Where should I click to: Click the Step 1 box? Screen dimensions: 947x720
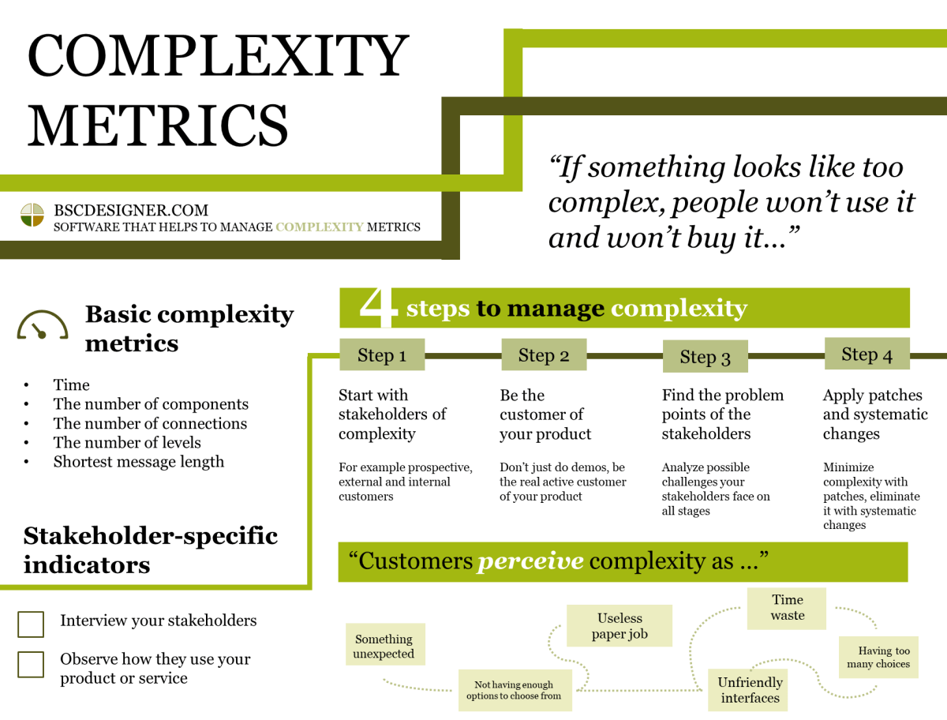[382, 355]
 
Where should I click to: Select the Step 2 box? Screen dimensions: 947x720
[544, 355]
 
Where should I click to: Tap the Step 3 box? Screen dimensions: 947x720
[705, 357]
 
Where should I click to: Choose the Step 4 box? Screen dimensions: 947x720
[867, 354]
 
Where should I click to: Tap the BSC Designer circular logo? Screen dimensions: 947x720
[32, 215]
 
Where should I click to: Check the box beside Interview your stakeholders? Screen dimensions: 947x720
[31, 624]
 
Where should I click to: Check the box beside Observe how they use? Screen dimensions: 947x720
[31, 664]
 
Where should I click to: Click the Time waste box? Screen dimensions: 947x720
[787, 608]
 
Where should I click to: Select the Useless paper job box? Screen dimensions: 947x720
[619, 626]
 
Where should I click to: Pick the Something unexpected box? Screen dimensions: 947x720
[384, 646]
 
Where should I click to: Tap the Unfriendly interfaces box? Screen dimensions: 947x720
[750, 690]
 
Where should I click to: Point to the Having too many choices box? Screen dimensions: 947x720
[878, 658]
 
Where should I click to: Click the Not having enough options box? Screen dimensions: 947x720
[515, 691]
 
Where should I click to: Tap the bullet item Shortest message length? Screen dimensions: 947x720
[139, 462]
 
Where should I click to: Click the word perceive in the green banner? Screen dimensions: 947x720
[530, 561]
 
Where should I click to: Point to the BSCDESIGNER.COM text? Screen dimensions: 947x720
[131, 211]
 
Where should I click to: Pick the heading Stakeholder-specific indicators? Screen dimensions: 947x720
[150, 549]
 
